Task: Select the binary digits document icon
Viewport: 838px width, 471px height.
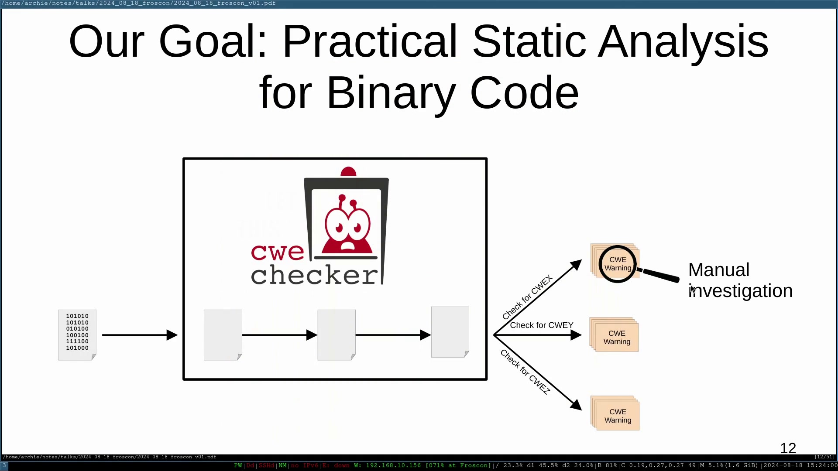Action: [77, 335]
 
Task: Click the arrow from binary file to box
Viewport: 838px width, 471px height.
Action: [140, 335]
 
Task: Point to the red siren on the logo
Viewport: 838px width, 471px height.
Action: [348, 171]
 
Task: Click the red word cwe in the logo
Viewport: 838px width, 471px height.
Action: [278, 252]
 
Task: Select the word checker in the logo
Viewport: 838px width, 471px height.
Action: [314, 275]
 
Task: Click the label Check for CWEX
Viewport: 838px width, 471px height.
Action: [527, 297]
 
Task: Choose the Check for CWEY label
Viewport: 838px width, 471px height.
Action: [542, 325]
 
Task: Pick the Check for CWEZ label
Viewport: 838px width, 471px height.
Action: [525, 372]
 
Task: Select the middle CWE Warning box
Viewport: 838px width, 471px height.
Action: [614, 335]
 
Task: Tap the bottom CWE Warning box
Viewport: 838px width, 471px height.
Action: [615, 413]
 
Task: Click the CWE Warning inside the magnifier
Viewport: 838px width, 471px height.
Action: [618, 264]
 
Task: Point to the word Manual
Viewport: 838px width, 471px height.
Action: [719, 270]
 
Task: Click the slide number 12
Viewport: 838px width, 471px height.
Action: [788, 448]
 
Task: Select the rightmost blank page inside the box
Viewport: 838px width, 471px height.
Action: [450, 332]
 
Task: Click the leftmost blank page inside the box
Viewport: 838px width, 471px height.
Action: [223, 335]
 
